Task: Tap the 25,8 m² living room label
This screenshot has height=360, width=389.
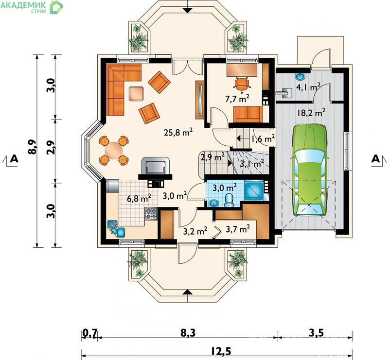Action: pos(178,132)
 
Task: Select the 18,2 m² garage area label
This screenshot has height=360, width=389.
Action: pos(311,113)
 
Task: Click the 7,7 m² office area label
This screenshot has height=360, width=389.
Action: pos(237,99)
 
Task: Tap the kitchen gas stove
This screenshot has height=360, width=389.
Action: pos(151,214)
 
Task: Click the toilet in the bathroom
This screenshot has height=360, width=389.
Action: pos(229,200)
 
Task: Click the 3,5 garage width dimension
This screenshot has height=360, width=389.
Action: pos(317,333)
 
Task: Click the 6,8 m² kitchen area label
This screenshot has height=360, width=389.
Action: pos(139,198)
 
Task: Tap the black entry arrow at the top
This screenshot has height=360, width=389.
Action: pos(188,10)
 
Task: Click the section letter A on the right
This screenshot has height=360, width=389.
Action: pos(375,159)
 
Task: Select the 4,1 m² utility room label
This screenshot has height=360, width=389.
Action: pos(308,87)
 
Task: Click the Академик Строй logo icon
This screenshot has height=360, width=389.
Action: pos(56,7)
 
